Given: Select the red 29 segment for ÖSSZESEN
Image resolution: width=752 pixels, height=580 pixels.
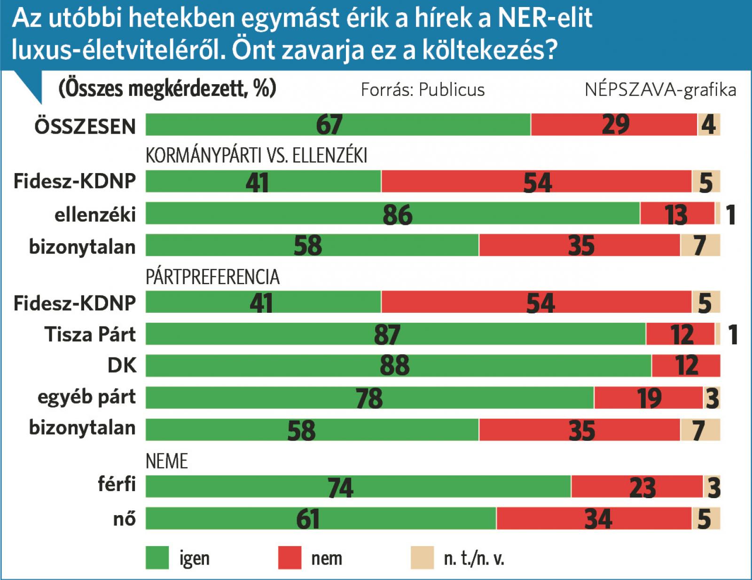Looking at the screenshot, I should click(x=614, y=125).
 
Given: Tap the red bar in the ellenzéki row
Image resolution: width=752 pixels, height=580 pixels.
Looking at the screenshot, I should click(x=677, y=214).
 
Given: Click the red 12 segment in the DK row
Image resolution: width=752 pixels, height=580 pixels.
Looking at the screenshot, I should click(x=686, y=365).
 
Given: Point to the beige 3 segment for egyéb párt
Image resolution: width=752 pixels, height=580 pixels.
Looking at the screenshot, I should click(x=712, y=397).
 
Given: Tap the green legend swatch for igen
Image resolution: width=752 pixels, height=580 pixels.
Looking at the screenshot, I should click(x=157, y=558).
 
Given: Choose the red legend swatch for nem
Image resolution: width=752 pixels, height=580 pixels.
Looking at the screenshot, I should click(x=290, y=558).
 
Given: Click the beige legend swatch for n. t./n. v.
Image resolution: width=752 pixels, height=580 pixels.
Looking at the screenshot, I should click(x=422, y=558).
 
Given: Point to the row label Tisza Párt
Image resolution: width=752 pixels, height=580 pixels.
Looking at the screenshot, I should click(x=90, y=334).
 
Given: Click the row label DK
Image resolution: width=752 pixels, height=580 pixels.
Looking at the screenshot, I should click(x=122, y=365).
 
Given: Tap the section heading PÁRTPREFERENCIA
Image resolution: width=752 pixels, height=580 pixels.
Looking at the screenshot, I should click(x=212, y=277).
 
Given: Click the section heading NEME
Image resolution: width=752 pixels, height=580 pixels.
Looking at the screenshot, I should click(x=166, y=461).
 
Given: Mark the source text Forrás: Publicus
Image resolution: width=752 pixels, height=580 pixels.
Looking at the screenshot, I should click(x=423, y=90).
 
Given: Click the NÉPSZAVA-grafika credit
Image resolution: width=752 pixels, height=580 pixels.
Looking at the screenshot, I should click(x=660, y=90).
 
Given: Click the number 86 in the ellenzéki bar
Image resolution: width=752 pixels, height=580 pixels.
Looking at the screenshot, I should click(x=397, y=215).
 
